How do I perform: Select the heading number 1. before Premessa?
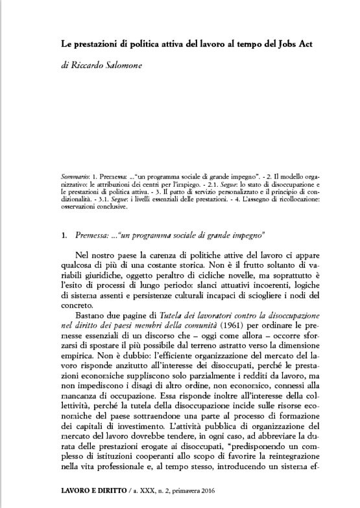(x=55, y=232)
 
